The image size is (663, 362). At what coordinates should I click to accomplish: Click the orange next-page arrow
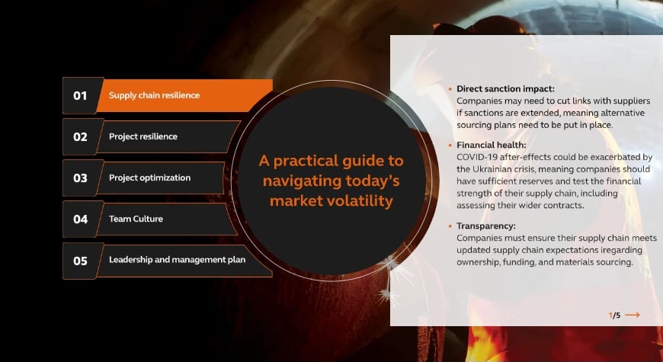[x=632, y=315]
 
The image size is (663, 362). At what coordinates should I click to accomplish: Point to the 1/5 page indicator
[x=614, y=315]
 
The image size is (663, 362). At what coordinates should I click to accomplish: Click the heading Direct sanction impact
[x=505, y=89]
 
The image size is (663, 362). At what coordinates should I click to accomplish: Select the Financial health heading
[x=492, y=145]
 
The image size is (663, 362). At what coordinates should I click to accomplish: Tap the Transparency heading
[x=486, y=226]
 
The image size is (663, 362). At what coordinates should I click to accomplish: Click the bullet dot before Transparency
[x=450, y=226]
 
